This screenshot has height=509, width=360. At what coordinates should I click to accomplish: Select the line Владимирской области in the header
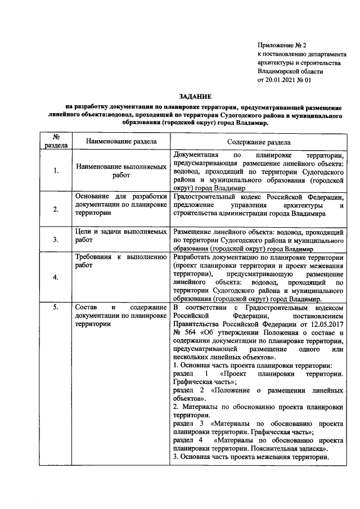tap(290, 71)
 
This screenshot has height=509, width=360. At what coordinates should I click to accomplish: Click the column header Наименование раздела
tap(121, 142)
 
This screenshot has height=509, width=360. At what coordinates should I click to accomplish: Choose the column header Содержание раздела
tap(258, 143)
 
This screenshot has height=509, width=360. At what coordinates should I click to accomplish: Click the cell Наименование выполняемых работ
tap(121, 171)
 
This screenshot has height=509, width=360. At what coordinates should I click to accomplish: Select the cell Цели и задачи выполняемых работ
tap(121, 235)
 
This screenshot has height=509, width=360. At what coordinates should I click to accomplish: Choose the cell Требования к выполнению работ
tap(121, 261)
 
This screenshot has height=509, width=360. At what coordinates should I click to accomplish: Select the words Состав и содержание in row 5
tap(121, 308)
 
